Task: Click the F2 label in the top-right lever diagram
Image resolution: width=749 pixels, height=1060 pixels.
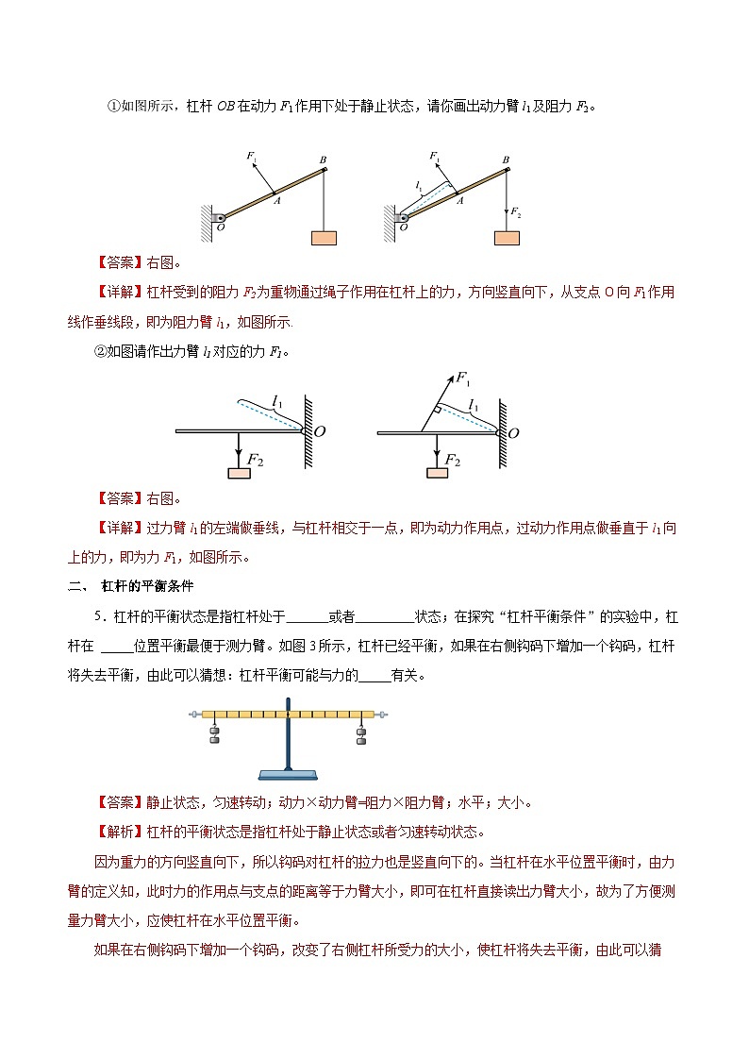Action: tap(515, 214)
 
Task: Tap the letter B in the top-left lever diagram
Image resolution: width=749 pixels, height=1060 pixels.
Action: tap(323, 160)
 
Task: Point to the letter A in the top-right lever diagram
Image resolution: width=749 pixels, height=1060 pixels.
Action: tap(459, 199)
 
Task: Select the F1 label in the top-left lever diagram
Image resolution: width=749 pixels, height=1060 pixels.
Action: tap(251, 155)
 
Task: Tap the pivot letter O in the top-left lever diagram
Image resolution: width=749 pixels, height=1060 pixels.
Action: tap(220, 227)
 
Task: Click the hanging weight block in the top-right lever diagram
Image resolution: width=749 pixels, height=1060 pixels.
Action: tap(507, 237)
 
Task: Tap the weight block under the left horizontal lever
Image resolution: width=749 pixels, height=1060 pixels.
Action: tap(240, 473)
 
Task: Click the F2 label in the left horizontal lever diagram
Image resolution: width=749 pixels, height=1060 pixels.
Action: tap(256, 460)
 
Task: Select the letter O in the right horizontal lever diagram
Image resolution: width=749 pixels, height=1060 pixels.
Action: tap(515, 432)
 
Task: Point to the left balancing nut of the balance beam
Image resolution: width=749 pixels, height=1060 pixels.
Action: tap(194, 715)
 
